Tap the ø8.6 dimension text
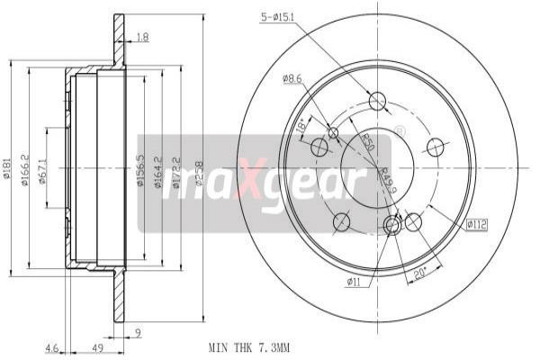click(292, 80)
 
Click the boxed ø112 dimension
click(476, 224)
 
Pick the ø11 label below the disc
click(355, 283)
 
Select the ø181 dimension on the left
click(6, 169)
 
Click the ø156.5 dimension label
click(140, 170)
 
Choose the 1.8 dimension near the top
click(142, 37)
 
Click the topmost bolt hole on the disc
click(377, 101)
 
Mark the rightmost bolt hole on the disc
click(436, 147)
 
